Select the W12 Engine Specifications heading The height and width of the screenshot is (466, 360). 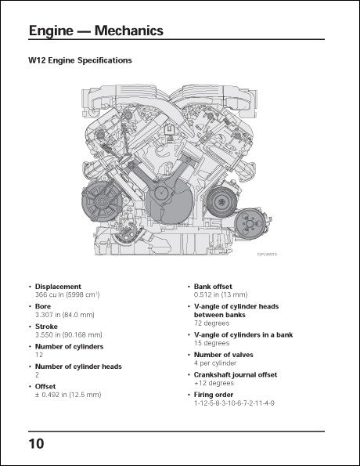click(x=80, y=60)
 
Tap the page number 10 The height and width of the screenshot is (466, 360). click(x=36, y=443)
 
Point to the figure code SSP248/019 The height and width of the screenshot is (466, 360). click(x=267, y=254)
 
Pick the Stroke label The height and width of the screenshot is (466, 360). click(x=46, y=326)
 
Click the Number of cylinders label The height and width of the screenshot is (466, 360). click(x=69, y=346)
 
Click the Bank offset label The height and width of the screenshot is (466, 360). click(x=215, y=287)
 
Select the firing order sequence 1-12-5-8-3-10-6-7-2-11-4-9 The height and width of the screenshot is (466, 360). click(x=234, y=403)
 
